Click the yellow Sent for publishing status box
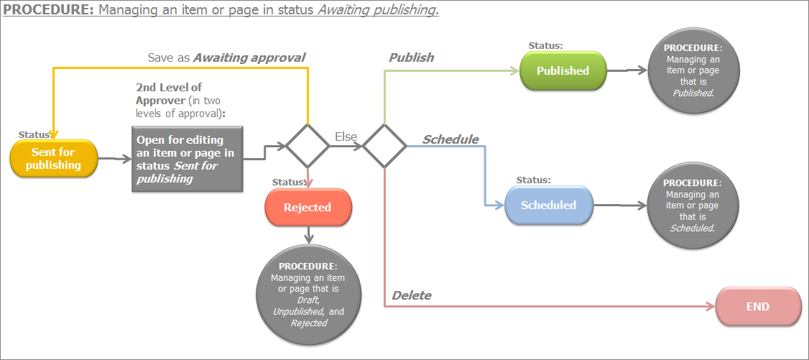(x=52, y=158)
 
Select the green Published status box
(x=563, y=70)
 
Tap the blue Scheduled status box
(x=548, y=205)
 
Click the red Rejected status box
(x=308, y=207)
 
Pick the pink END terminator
(x=758, y=306)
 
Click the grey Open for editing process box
(x=187, y=159)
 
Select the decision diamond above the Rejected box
(x=308, y=146)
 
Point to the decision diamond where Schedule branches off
(x=384, y=146)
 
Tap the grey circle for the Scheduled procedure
(x=691, y=206)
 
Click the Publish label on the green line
(x=411, y=57)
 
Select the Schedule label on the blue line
(x=450, y=139)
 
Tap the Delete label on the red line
(x=412, y=295)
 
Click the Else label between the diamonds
(x=346, y=137)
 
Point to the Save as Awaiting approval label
(x=226, y=57)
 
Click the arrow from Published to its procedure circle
(x=627, y=70)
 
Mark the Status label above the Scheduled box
(x=534, y=180)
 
